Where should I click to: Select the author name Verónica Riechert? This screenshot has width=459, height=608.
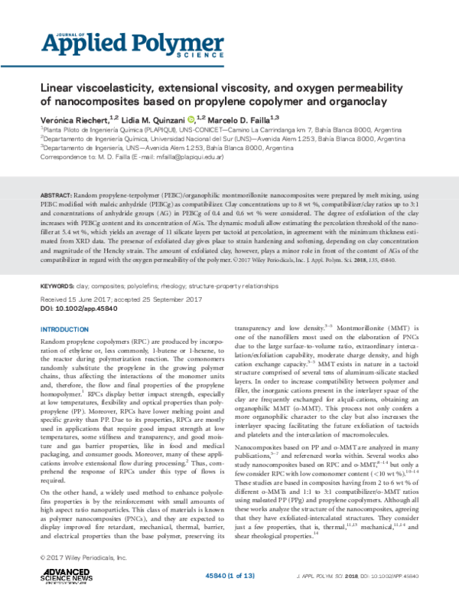[73, 119]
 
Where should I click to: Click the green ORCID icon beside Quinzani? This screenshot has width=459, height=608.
[191, 119]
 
